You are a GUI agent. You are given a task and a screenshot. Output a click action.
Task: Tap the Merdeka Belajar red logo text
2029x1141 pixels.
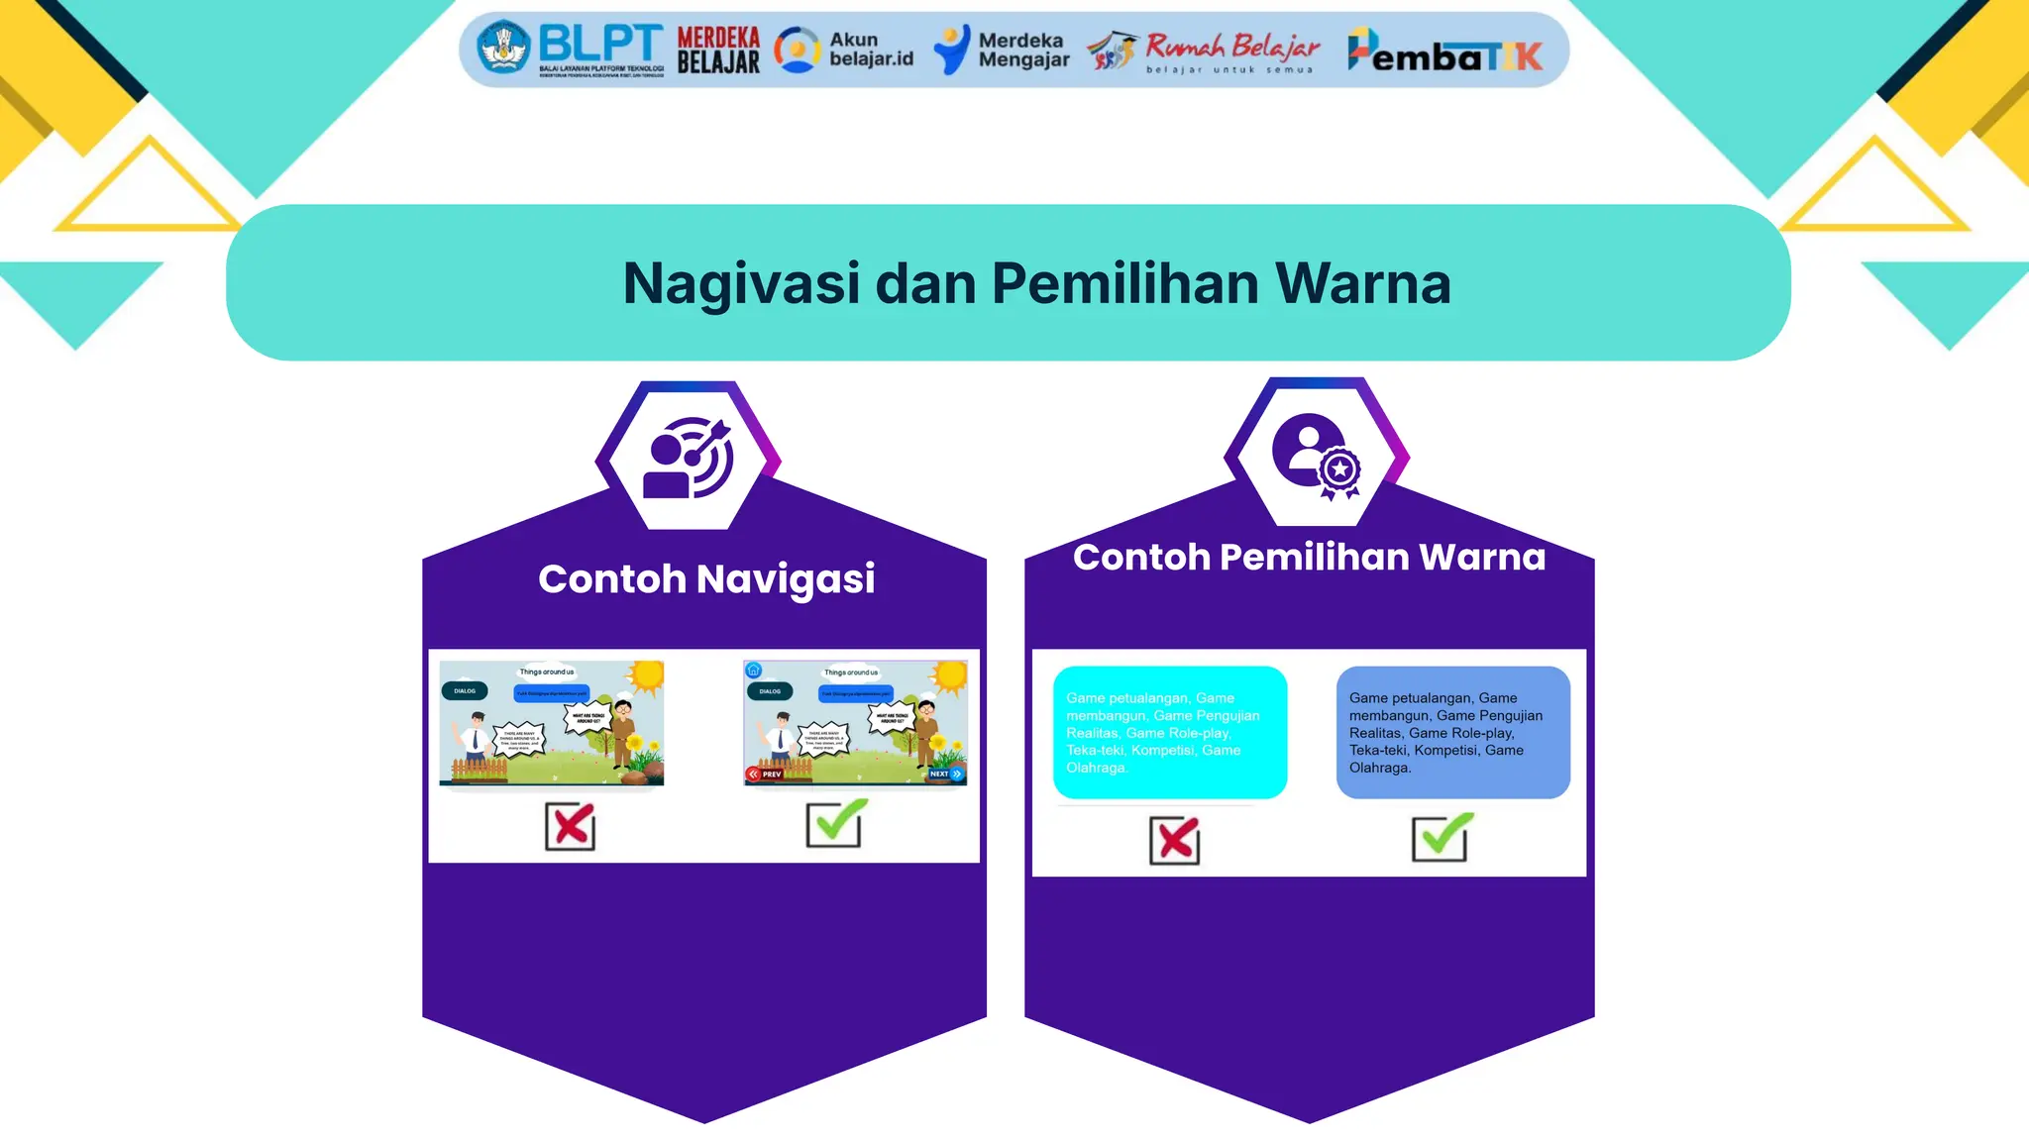click(718, 50)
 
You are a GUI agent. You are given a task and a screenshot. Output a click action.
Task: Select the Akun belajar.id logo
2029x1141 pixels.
click(844, 50)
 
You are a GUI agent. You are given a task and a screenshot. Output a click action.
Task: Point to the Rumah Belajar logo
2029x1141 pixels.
click(1205, 50)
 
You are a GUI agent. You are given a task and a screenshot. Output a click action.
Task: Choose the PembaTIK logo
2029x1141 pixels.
click(1445, 52)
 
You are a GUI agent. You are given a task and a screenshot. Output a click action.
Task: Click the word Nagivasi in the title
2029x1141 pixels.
click(742, 283)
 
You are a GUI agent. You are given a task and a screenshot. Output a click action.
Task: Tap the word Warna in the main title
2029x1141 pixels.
click(1363, 283)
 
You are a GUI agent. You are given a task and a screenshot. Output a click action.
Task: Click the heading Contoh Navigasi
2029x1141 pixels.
click(706, 579)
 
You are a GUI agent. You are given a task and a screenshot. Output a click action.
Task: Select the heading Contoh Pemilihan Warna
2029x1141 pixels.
click(1309, 557)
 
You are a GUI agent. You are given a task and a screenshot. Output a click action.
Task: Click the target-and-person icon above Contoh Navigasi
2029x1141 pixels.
click(689, 457)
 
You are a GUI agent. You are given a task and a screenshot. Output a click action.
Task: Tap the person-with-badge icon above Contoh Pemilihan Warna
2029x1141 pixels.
click(1316, 455)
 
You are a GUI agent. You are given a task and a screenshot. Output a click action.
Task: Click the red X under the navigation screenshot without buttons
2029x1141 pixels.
click(571, 826)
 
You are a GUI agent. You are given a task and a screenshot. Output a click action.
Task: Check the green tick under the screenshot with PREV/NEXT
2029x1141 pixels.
click(835, 823)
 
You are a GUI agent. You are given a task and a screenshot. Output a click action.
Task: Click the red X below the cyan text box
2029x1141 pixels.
click(1175, 840)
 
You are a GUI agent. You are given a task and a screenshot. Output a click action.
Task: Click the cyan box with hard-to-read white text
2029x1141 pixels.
click(1170, 732)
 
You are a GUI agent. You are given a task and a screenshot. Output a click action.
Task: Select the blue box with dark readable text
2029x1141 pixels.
click(1452, 732)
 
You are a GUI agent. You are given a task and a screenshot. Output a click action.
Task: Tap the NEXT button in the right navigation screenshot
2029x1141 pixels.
click(945, 774)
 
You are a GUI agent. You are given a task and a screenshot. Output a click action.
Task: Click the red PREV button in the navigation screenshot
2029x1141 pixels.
click(766, 774)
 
